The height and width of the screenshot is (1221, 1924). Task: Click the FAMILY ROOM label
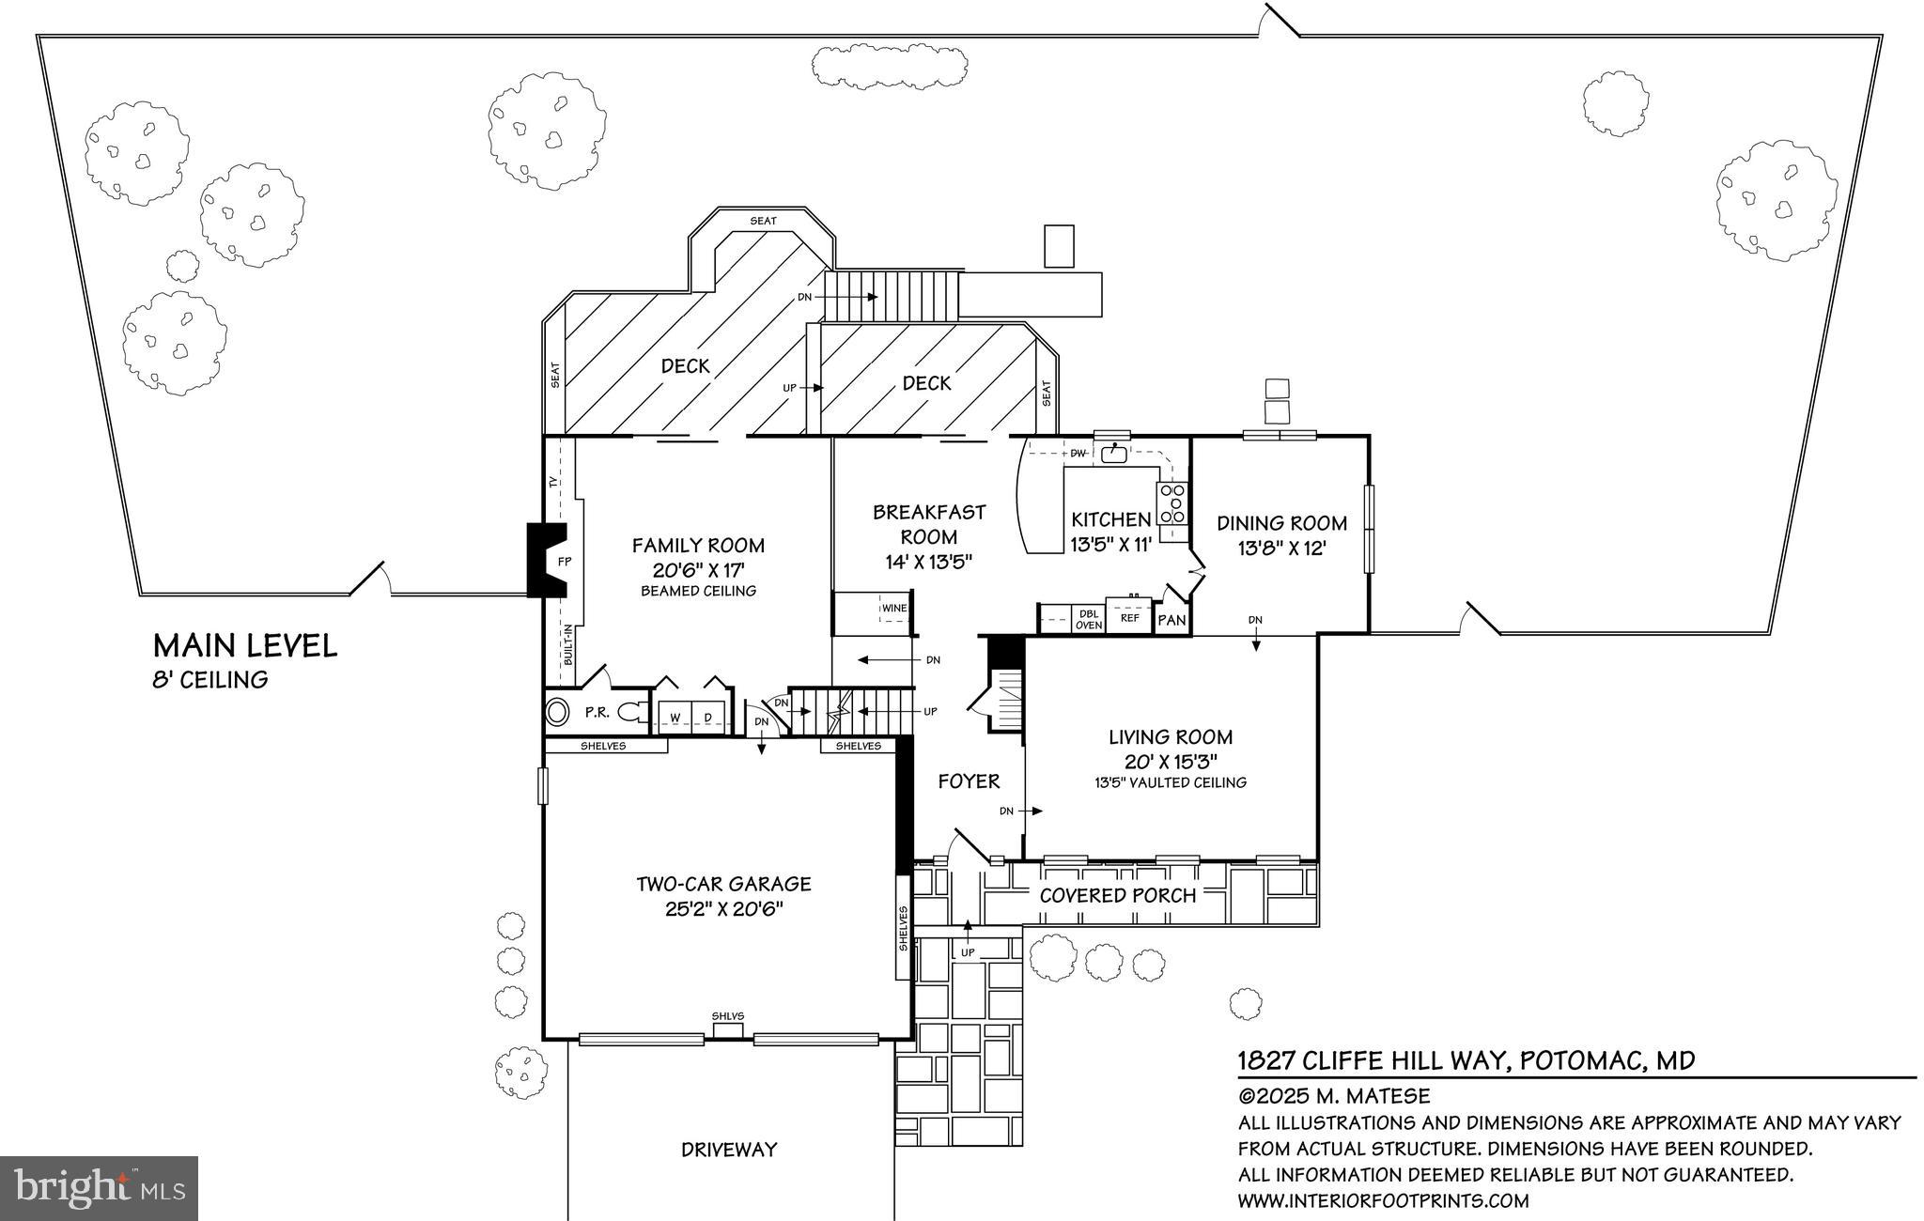697,546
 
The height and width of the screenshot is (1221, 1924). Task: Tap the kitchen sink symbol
1114,454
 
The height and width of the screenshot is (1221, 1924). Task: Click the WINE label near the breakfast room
893,609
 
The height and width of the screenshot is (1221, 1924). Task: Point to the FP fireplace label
565,562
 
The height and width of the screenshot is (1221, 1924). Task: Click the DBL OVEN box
1088,619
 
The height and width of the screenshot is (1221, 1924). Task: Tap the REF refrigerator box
1129,618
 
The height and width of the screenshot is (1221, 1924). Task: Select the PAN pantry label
1171,621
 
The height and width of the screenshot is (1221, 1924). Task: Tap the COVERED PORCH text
1117,895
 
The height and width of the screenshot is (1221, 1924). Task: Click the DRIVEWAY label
729,1150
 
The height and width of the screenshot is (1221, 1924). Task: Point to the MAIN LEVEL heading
244,646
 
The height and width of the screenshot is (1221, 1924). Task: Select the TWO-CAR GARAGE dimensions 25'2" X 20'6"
723,909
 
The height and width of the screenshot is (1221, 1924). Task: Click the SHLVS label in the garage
727,1016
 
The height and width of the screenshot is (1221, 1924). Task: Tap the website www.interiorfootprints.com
1383,1200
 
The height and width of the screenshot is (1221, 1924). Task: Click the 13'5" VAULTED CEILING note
1170,782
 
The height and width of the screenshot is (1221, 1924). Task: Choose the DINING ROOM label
1281,523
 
